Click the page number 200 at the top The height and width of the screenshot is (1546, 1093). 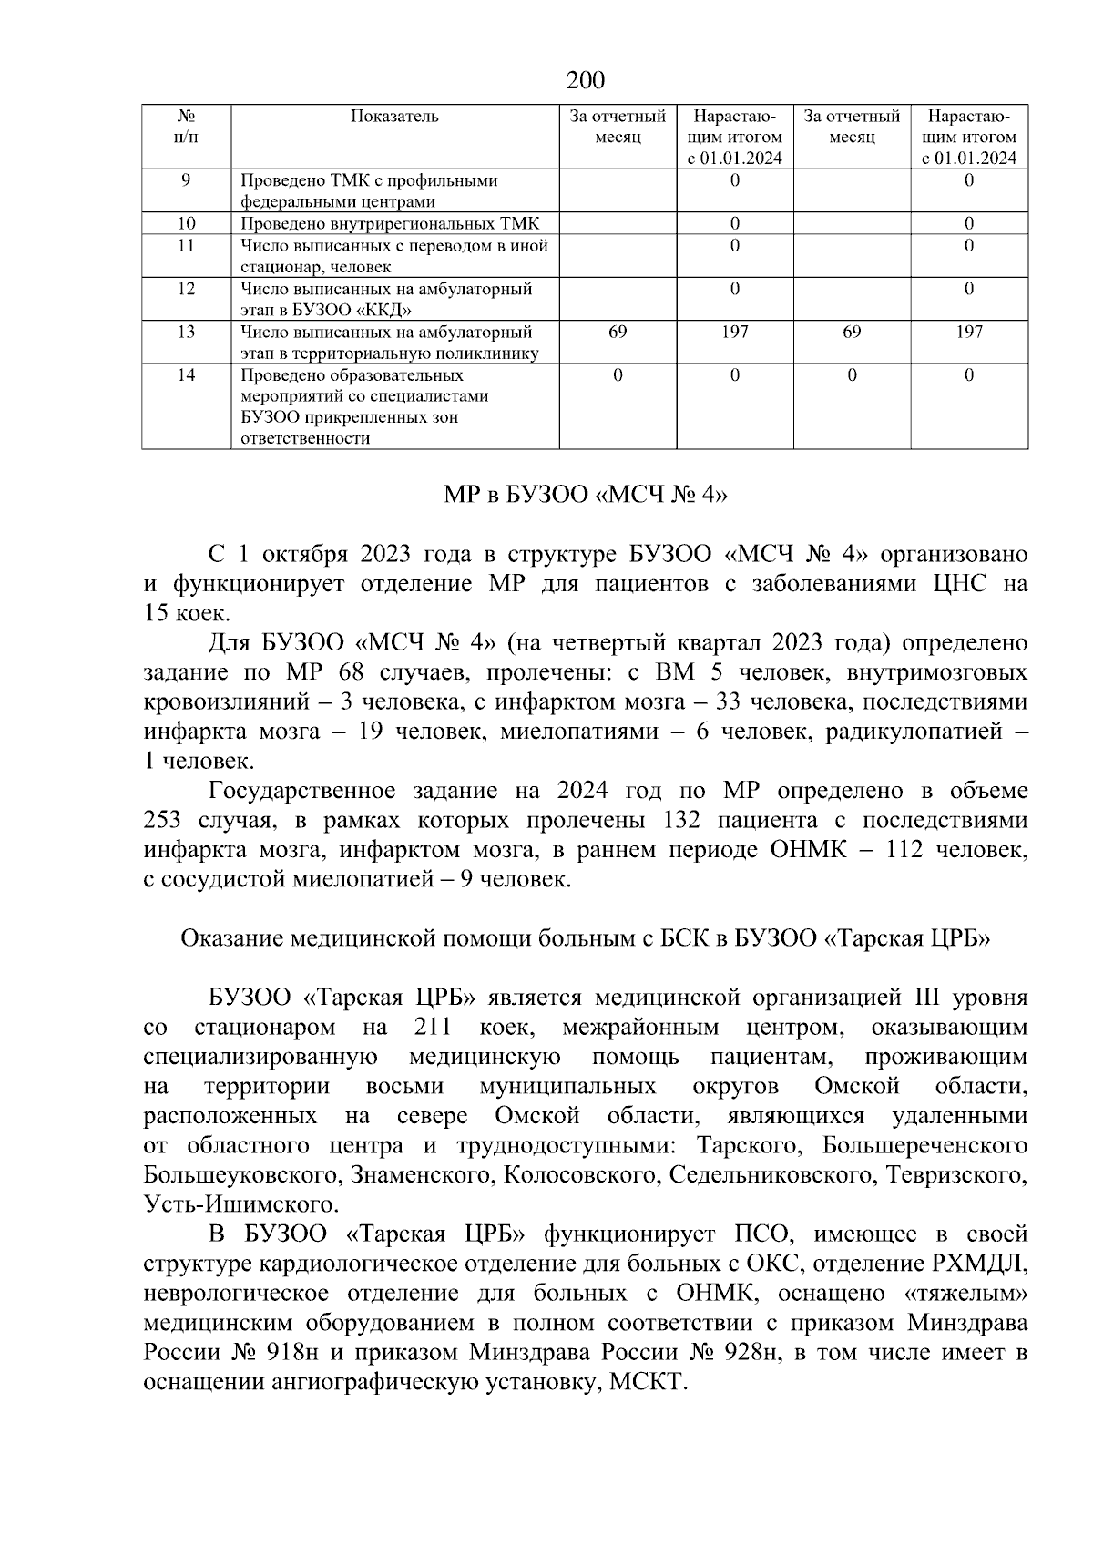585,81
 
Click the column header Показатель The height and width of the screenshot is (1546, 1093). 394,117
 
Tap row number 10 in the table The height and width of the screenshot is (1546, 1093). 186,223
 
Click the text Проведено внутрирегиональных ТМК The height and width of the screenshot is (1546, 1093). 390,223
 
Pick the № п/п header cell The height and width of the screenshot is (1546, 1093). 186,127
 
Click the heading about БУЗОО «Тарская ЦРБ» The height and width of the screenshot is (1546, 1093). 585,938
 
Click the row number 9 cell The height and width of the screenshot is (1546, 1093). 186,180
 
